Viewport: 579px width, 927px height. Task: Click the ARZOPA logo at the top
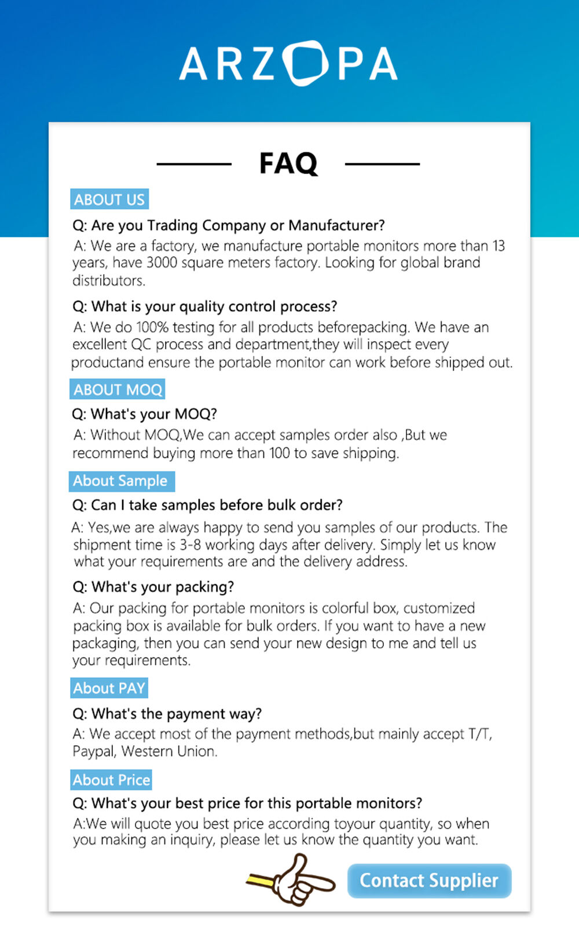click(x=288, y=63)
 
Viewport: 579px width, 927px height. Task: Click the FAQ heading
click(x=288, y=163)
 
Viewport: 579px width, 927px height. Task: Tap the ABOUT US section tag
click(x=109, y=199)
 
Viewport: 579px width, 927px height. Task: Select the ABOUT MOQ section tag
click(x=118, y=389)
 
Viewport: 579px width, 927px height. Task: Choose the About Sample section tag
click(x=120, y=481)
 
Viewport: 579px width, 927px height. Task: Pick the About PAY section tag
click(x=109, y=688)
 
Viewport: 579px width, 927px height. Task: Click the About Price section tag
click(x=111, y=780)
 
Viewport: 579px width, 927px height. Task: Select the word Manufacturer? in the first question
click(x=336, y=225)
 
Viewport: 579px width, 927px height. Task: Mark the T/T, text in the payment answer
click(x=480, y=734)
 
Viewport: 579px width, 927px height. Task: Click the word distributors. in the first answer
click(x=109, y=281)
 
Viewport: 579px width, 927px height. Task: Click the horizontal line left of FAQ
click(x=194, y=164)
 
